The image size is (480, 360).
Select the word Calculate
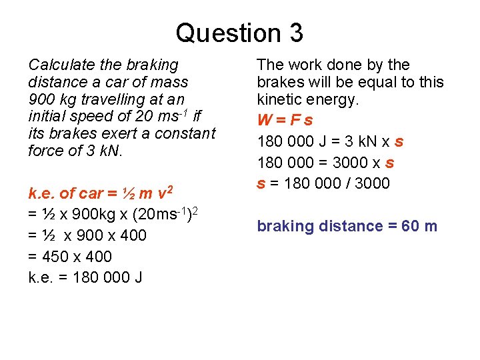[x=59, y=65]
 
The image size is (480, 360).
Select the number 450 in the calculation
[x=57, y=257]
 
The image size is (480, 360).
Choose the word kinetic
[x=279, y=100]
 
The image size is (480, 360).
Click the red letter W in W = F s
[x=265, y=121]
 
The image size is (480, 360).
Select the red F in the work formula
[x=295, y=121]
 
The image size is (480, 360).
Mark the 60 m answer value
[x=418, y=226]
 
